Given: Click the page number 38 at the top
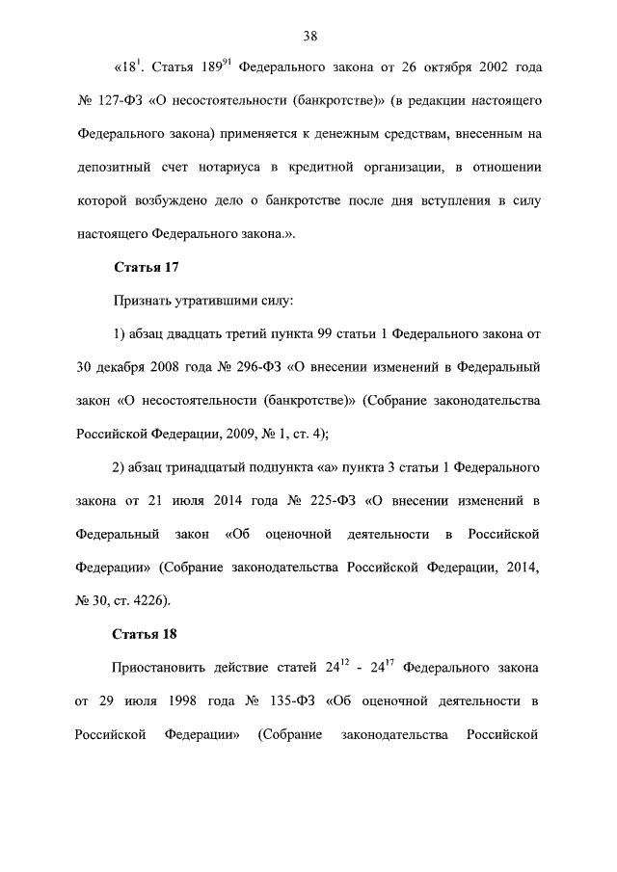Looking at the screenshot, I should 309,37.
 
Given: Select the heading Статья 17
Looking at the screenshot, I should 145,265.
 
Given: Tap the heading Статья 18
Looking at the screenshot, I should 145,634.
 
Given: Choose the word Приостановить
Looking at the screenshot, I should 163,666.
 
